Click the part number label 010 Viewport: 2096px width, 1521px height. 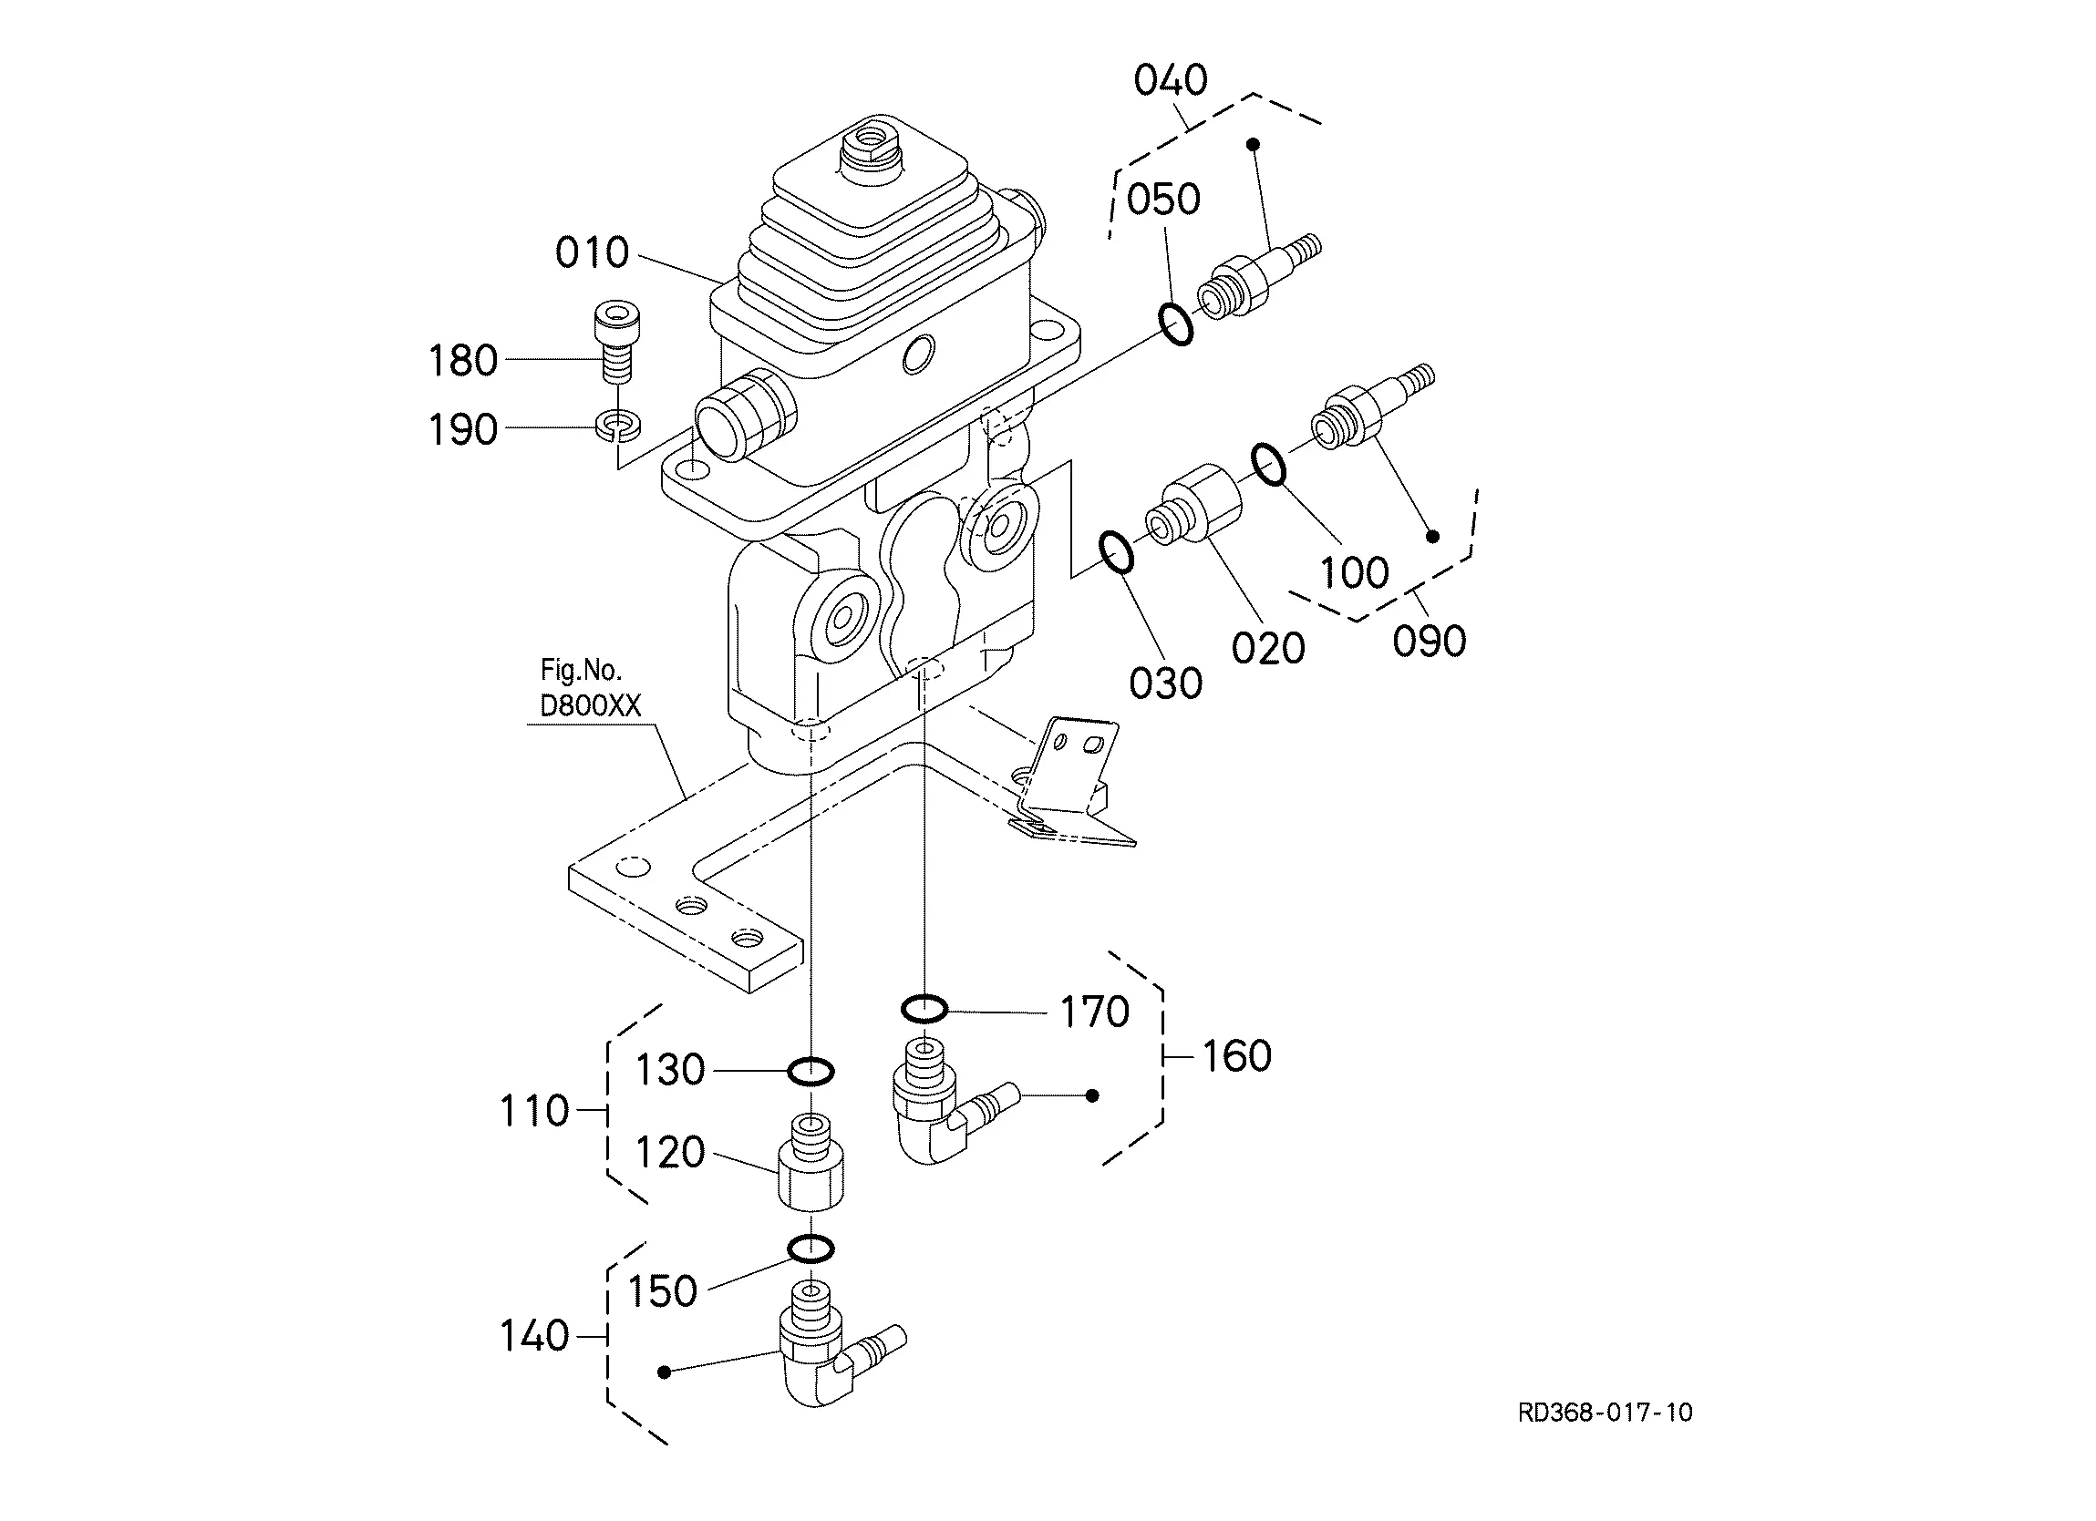592,252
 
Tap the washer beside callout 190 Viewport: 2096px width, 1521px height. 617,424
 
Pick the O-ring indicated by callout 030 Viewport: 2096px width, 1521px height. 1118,551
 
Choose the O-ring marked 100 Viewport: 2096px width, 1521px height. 1268,464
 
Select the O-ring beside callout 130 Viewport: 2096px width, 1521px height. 811,1071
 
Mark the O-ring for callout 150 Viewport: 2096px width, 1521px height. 811,1249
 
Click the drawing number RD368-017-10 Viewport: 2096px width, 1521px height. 1606,1412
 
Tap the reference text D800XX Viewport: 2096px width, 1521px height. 591,706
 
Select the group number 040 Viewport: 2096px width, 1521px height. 1171,80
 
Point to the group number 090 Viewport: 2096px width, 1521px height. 1429,642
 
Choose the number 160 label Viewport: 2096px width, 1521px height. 1236,1055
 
